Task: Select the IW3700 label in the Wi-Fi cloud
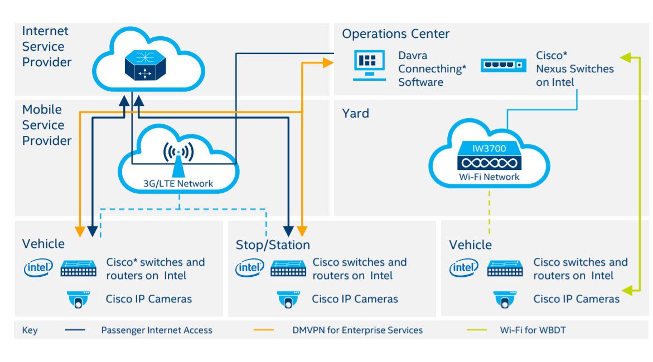[x=488, y=149]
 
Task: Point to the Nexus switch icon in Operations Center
[x=504, y=65]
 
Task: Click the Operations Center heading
[x=395, y=34]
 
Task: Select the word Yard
[x=355, y=113]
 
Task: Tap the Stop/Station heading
[x=273, y=245]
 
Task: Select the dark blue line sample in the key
[x=75, y=330]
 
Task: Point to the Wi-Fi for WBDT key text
[x=533, y=330]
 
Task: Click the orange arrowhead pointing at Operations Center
[x=327, y=63]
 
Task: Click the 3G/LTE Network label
[x=178, y=184]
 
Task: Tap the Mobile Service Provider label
[x=47, y=125]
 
